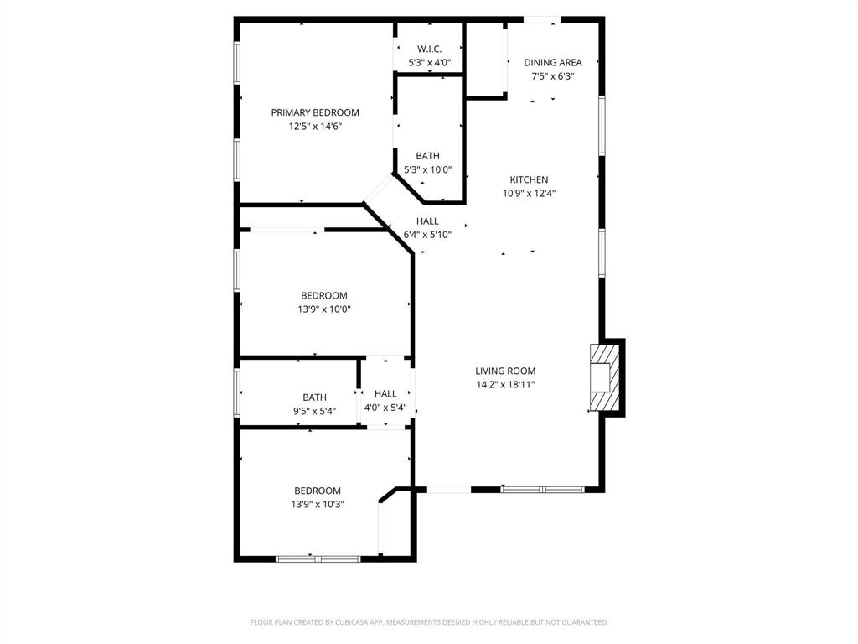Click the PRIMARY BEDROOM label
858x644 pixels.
pyautogui.click(x=315, y=112)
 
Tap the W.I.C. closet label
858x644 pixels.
pyautogui.click(x=429, y=49)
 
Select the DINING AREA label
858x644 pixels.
pyautogui.click(x=552, y=62)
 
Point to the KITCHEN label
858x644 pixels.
pyautogui.click(x=530, y=179)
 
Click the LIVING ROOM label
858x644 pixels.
pyautogui.click(x=505, y=371)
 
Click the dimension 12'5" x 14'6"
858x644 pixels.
pyautogui.click(x=315, y=127)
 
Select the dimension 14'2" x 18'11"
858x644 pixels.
pyautogui.click(x=505, y=385)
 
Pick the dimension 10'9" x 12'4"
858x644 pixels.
pyautogui.click(x=530, y=193)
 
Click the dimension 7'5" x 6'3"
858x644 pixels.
pyautogui.click(x=552, y=76)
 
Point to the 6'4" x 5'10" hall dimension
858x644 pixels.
pyautogui.click(x=427, y=235)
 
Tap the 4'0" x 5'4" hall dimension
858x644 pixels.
pyautogui.click(x=385, y=408)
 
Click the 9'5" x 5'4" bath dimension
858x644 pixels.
pyautogui.click(x=315, y=411)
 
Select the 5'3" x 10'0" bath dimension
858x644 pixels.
pyautogui.click(x=428, y=169)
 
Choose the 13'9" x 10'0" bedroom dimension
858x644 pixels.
pyautogui.click(x=324, y=309)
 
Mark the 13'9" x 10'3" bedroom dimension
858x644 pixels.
pyautogui.click(x=318, y=504)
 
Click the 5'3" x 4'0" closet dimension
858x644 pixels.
pyautogui.click(x=430, y=63)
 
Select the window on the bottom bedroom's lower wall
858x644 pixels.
pyautogui.click(x=318, y=558)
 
